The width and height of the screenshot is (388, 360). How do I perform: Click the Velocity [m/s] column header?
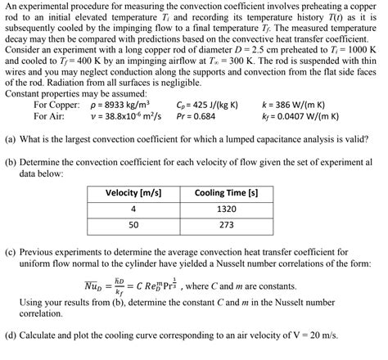tap(133, 193)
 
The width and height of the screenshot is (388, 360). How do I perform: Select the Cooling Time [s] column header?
tap(226, 193)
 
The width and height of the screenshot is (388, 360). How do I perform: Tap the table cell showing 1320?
tap(226, 209)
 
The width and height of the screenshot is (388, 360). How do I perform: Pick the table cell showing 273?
tap(226, 224)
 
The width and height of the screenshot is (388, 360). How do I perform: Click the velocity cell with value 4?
tap(133, 209)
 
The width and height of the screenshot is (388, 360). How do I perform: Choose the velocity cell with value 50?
tap(133, 224)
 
